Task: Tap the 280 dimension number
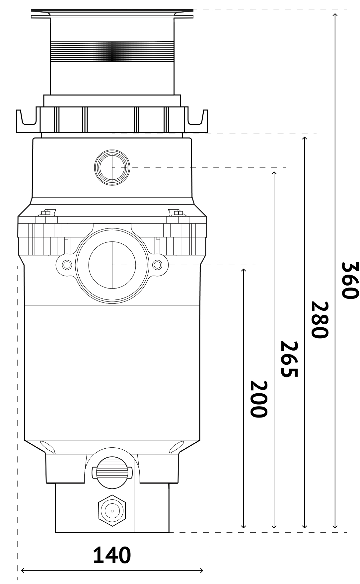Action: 319,320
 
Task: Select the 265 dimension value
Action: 289,359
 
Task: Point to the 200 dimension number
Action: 258,399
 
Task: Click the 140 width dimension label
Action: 112,555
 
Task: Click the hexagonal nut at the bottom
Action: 112,511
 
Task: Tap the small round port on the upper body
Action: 112,167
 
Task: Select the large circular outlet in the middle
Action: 112,265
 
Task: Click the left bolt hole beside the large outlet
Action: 67,265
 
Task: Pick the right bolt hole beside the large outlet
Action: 157,265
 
